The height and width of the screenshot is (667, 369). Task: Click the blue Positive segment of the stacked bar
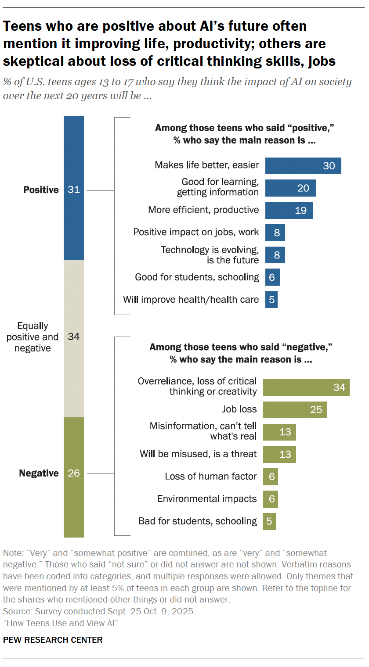click(x=74, y=189)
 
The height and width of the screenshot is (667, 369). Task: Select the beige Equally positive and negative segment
click(x=74, y=338)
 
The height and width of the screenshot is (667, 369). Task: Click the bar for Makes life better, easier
click(x=303, y=166)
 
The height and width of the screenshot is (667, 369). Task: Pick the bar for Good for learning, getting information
click(x=290, y=188)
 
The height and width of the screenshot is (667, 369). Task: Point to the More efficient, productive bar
click(x=289, y=210)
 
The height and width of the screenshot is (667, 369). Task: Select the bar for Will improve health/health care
click(x=271, y=300)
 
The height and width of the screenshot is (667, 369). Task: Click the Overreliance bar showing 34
click(x=306, y=387)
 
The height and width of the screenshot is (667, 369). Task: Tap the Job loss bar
click(x=295, y=410)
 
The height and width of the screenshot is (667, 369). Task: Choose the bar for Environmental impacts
click(x=271, y=499)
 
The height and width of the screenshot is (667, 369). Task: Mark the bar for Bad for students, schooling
click(x=269, y=521)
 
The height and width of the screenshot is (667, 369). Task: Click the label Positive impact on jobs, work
click(x=196, y=232)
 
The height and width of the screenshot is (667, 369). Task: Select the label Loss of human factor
click(x=211, y=477)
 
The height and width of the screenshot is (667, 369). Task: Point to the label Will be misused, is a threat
click(x=198, y=454)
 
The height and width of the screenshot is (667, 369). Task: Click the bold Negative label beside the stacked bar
click(x=39, y=473)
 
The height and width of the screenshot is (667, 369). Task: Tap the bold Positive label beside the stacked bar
click(x=41, y=190)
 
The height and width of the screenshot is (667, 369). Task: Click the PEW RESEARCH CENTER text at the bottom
click(x=53, y=640)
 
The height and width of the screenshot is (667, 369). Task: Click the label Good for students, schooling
click(x=197, y=277)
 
